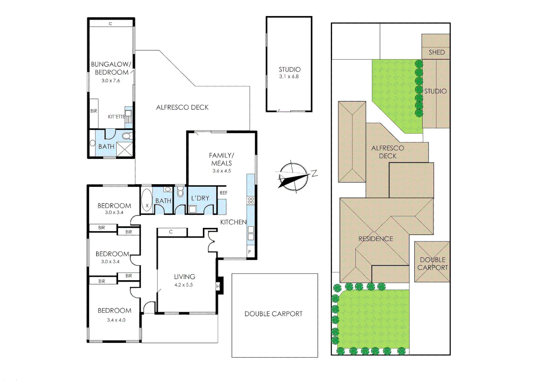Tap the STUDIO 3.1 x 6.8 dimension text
click(289, 76)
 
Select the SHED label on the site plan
click(436, 52)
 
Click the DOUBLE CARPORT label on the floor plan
click(273, 314)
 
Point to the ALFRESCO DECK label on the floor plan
click(182, 107)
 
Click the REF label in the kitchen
click(223, 193)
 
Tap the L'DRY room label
click(200, 198)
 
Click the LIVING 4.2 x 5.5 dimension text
click(184, 285)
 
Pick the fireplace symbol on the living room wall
click(219, 286)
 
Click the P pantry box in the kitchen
click(250, 252)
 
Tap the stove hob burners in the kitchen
click(251, 201)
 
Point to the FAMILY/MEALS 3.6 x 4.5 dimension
click(221, 171)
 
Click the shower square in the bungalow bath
click(125, 149)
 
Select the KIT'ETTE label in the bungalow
click(116, 117)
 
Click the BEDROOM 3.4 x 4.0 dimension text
click(116, 320)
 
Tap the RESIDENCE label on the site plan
click(376, 239)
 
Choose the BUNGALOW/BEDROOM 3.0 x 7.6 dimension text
click(111, 81)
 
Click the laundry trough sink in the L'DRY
click(192, 209)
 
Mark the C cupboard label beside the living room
click(171, 232)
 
